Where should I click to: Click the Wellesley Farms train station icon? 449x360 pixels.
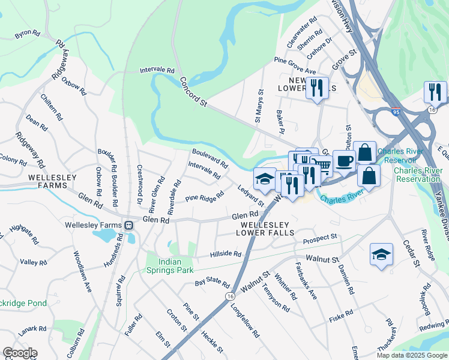128,225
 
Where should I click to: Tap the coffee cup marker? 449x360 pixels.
343,161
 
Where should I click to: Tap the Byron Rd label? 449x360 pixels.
27,35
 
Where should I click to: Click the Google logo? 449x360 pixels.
20,353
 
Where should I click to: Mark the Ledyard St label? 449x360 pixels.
250,196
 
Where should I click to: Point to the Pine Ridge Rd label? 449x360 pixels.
205,196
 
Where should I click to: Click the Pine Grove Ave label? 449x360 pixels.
295,66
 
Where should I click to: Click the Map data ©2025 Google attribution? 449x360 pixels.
411,355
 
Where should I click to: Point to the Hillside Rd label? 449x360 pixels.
226,254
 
